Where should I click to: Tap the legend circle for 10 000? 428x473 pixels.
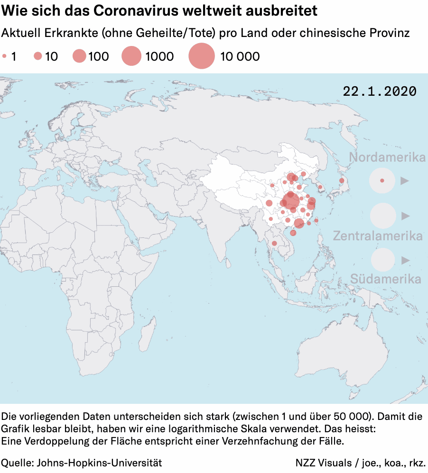pyautogui.click(x=202, y=56)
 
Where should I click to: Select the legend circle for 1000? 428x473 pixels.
pyautogui.click(x=131, y=56)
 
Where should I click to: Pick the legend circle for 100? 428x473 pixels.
pyautogui.click(x=79, y=56)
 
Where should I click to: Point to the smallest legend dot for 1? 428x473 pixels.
pyautogui.click(x=4, y=56)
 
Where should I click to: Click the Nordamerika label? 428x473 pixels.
pyautogui.click(x=387, y=157)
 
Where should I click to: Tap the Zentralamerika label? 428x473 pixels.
pyautogui.click(x=378, y=236)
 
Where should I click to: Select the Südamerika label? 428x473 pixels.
pyautogui.click(x=385, y=279)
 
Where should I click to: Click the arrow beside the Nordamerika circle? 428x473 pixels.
pyautogui.click(x=405, y=181)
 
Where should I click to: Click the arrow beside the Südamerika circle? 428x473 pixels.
pyautogui.click(x=405, y=260)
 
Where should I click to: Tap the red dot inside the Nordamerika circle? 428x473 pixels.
pyautogui.click(x=382, y=181)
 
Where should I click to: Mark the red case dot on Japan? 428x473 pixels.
pyautogui.click(x=342, y=181)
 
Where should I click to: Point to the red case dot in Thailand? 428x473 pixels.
pyautogui.click(x=274, y=244)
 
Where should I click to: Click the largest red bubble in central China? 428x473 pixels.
pyautogui.click(x=291, y=201)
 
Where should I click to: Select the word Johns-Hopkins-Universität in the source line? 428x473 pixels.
pyautogui.click(x=99, y=462)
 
